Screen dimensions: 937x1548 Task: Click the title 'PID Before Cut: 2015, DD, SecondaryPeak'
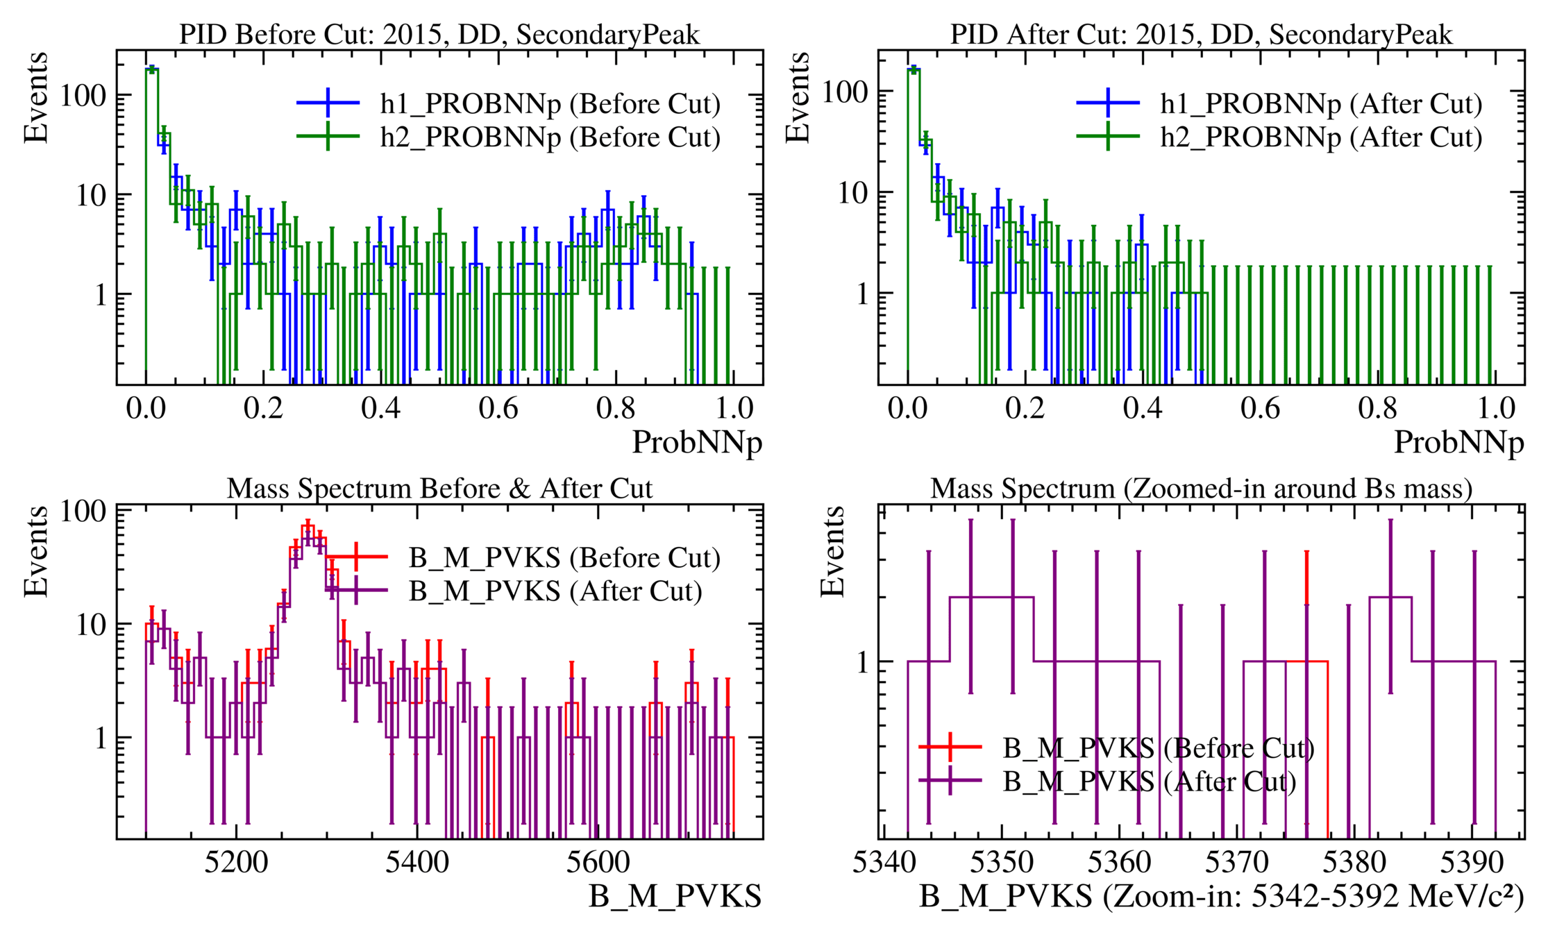click(x=439, y=34)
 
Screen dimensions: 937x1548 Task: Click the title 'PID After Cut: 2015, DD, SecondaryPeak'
click(x=1201, y=34)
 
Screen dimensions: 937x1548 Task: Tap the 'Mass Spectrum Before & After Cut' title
click(x=439, y=489)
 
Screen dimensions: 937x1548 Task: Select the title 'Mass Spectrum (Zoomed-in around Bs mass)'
click(x=1201, y=489)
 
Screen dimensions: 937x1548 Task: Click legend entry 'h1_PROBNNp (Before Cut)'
click(x=550, y=104)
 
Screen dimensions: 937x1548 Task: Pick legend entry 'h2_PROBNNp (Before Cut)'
click(x=550, y=137)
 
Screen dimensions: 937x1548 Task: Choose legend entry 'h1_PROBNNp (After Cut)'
click(x=1321, y=104)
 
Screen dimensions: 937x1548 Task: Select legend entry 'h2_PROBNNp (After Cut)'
click(x=1321, y=137)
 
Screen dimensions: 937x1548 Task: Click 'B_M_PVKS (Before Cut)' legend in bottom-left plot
click(x=564, y=557)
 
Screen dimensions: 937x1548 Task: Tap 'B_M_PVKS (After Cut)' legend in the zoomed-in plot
click(x=1150, y=782)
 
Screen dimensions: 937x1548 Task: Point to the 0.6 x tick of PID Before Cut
click(x=498, y=408)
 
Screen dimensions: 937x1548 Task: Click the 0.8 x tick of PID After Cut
click(x=1378, y=408)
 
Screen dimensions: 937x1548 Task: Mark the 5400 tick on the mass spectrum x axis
click(x=417, y=863)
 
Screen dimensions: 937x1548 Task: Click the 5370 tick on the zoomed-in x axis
click(x=1237, y=863)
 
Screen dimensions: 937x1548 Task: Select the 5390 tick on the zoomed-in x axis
click(x=1472, y=863)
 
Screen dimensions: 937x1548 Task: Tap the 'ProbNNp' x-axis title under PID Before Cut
click(x=697, y=443)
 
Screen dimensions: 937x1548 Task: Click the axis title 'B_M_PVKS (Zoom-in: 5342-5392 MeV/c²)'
click(x=1222, y=897)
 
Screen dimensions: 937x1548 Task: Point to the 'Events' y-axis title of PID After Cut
click(x=798, y=97)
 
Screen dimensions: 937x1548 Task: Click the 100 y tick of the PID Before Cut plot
click(x=83, y=96)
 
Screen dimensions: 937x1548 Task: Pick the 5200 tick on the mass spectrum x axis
click(x=237, y=863)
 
